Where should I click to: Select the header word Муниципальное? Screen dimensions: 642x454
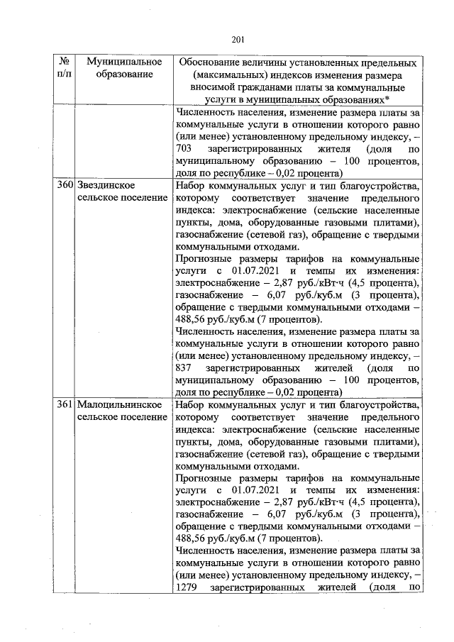pos(120,63)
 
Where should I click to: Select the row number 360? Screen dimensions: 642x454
pos(65,185)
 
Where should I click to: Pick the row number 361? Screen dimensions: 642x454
pos(65,404)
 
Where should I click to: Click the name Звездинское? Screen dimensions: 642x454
pos(106,185)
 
